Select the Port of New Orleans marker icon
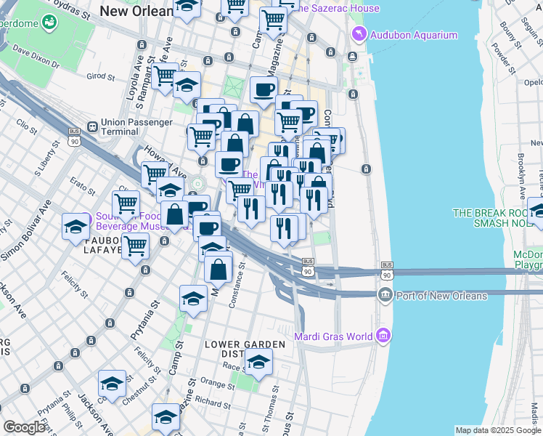click(x=385, y=294)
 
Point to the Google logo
click(x=25, y=427)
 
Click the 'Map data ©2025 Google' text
click(x=498, y=430)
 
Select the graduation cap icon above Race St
click(x=258, y=361)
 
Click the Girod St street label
click(x=101, y=76)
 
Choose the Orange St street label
click(x=216, y=383)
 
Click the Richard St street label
click(x=212, y=401)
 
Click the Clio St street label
click(x=26, y=127)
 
